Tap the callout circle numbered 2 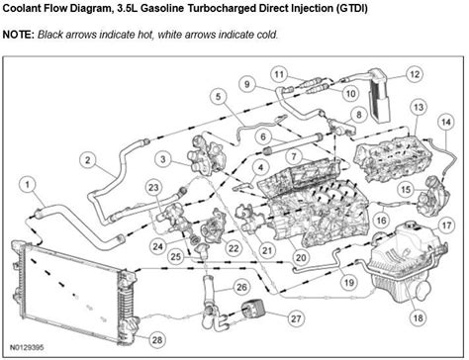point(88,160)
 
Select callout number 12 point(415,73)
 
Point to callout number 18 point(417,317)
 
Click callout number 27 point(268,317)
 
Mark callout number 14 point(458,120)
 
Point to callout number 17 point(446,225)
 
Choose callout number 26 point(240,287)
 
